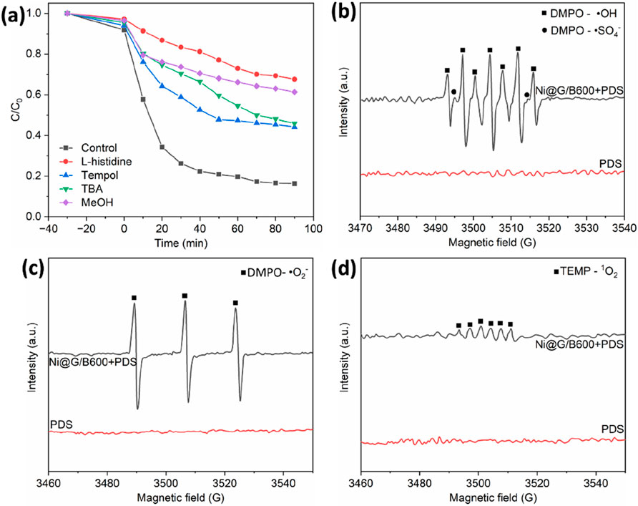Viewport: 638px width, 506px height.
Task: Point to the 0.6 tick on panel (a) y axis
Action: [35, 95]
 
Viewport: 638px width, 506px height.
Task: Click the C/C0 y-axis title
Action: [11, 115]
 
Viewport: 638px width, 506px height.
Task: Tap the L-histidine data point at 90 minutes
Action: [295, 79]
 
